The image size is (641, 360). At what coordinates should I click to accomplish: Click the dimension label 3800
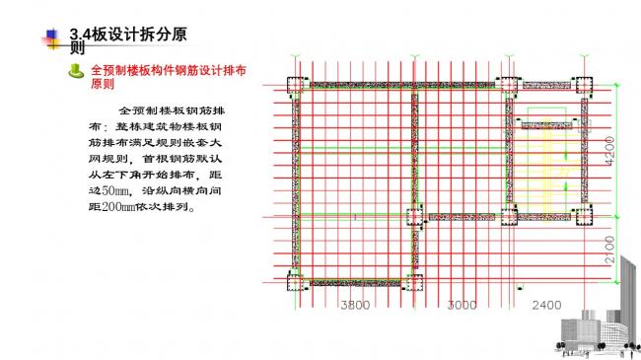355,305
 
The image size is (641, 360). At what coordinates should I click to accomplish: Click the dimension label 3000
461,305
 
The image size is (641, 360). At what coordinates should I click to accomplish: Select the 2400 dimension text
547,305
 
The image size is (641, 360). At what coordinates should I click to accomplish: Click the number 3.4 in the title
81,36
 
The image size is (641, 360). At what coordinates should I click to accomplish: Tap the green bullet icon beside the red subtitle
77,71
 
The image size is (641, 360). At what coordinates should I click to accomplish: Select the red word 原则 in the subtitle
103,85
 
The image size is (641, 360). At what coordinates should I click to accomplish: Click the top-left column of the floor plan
296,84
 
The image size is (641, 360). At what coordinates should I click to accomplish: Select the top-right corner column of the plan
585,84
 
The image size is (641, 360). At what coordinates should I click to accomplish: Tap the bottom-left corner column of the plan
296,284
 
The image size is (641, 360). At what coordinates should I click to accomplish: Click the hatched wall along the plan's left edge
296,182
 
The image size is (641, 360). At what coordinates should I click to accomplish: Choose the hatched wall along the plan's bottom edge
355,284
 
